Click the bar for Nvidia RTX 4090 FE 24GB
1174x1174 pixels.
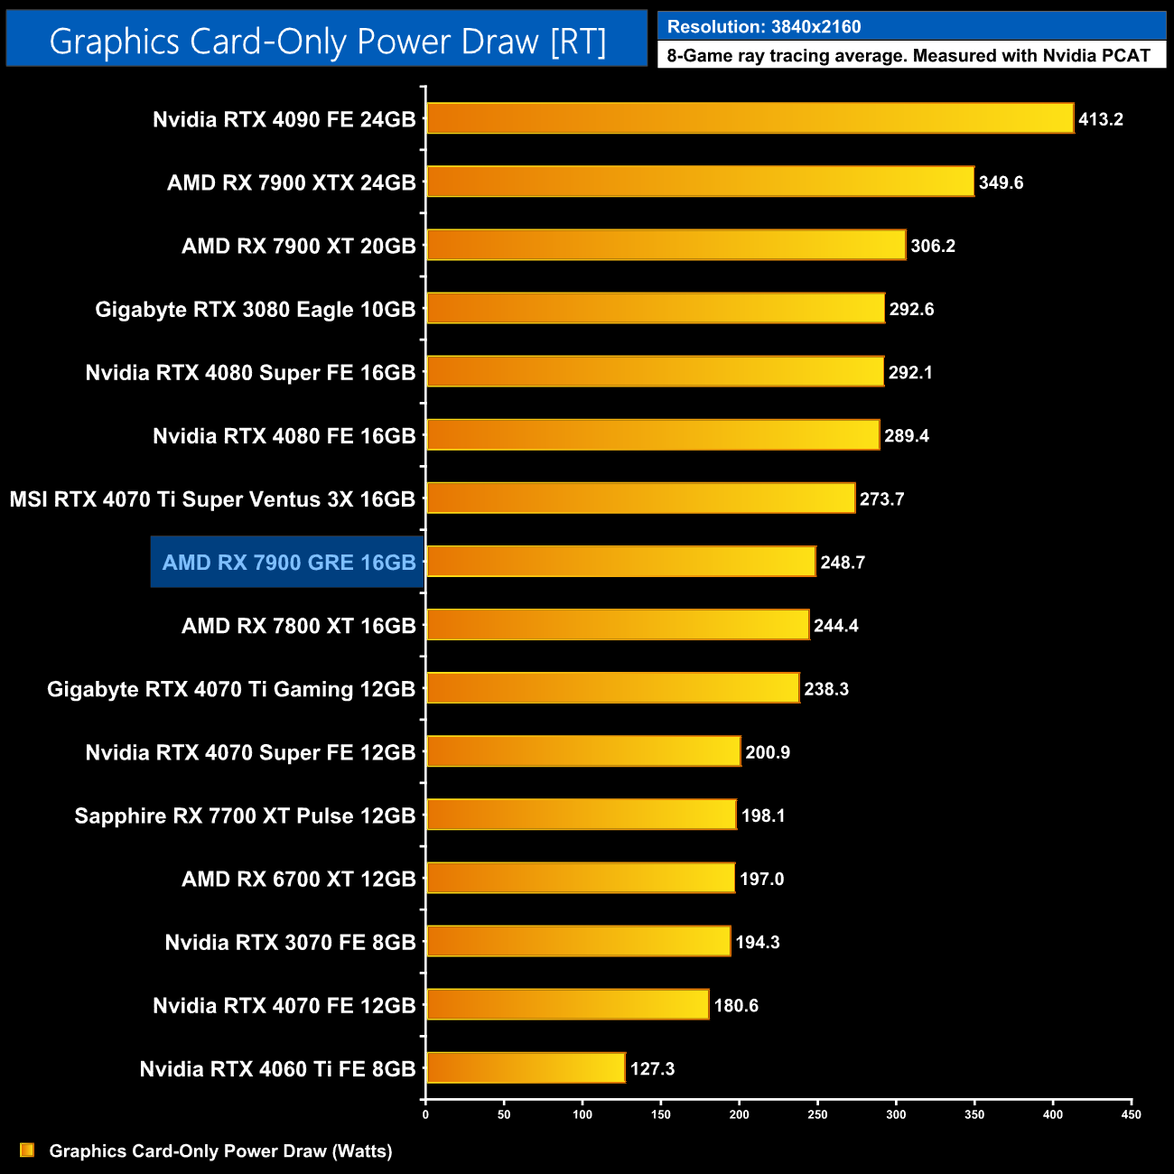click(750, 118)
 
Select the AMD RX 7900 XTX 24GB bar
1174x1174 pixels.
click(700, 182)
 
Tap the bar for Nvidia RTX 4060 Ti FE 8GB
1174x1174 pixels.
click(526, 1067)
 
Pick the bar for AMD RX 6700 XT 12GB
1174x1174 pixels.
click(581, 878)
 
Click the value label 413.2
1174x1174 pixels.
click(1101, 119)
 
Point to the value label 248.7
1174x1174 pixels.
click(843, 563)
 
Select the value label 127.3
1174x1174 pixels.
click(652, 1069)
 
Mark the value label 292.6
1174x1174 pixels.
click(911, 310)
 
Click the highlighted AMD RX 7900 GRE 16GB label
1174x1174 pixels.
click(288, 563)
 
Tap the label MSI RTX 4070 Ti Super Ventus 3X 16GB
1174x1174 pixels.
click(212, 499)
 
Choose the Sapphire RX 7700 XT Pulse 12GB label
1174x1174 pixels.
click(245, 815)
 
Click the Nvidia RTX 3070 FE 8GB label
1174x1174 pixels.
click(290, 942)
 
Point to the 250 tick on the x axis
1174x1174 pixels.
click(817, 1114)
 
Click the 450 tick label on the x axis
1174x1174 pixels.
click(1131, 1114)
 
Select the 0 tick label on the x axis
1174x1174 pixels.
click(425, 1114)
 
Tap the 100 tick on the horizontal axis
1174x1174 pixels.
click(582, 1114)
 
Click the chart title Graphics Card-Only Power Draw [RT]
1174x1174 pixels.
click(327, 42)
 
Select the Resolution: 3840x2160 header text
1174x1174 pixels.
click(764, 26)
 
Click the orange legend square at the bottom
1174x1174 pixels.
click(27, 1150)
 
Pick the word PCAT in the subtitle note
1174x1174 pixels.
click(1124, 56)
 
